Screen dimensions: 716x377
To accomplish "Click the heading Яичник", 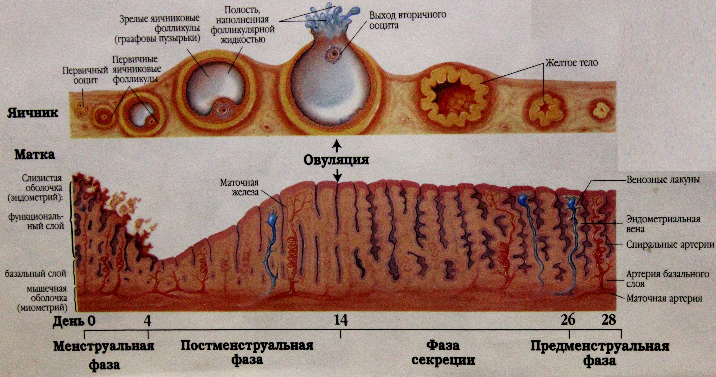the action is (33, 114).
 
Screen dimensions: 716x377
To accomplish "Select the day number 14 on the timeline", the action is (341, 320).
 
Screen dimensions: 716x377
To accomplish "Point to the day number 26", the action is (568, 320).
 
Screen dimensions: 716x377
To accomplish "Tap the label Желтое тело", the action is (572, 62).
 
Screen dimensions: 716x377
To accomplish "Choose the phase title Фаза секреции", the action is (443, 353).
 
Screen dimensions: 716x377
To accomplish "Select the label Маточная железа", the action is (239, 187).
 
